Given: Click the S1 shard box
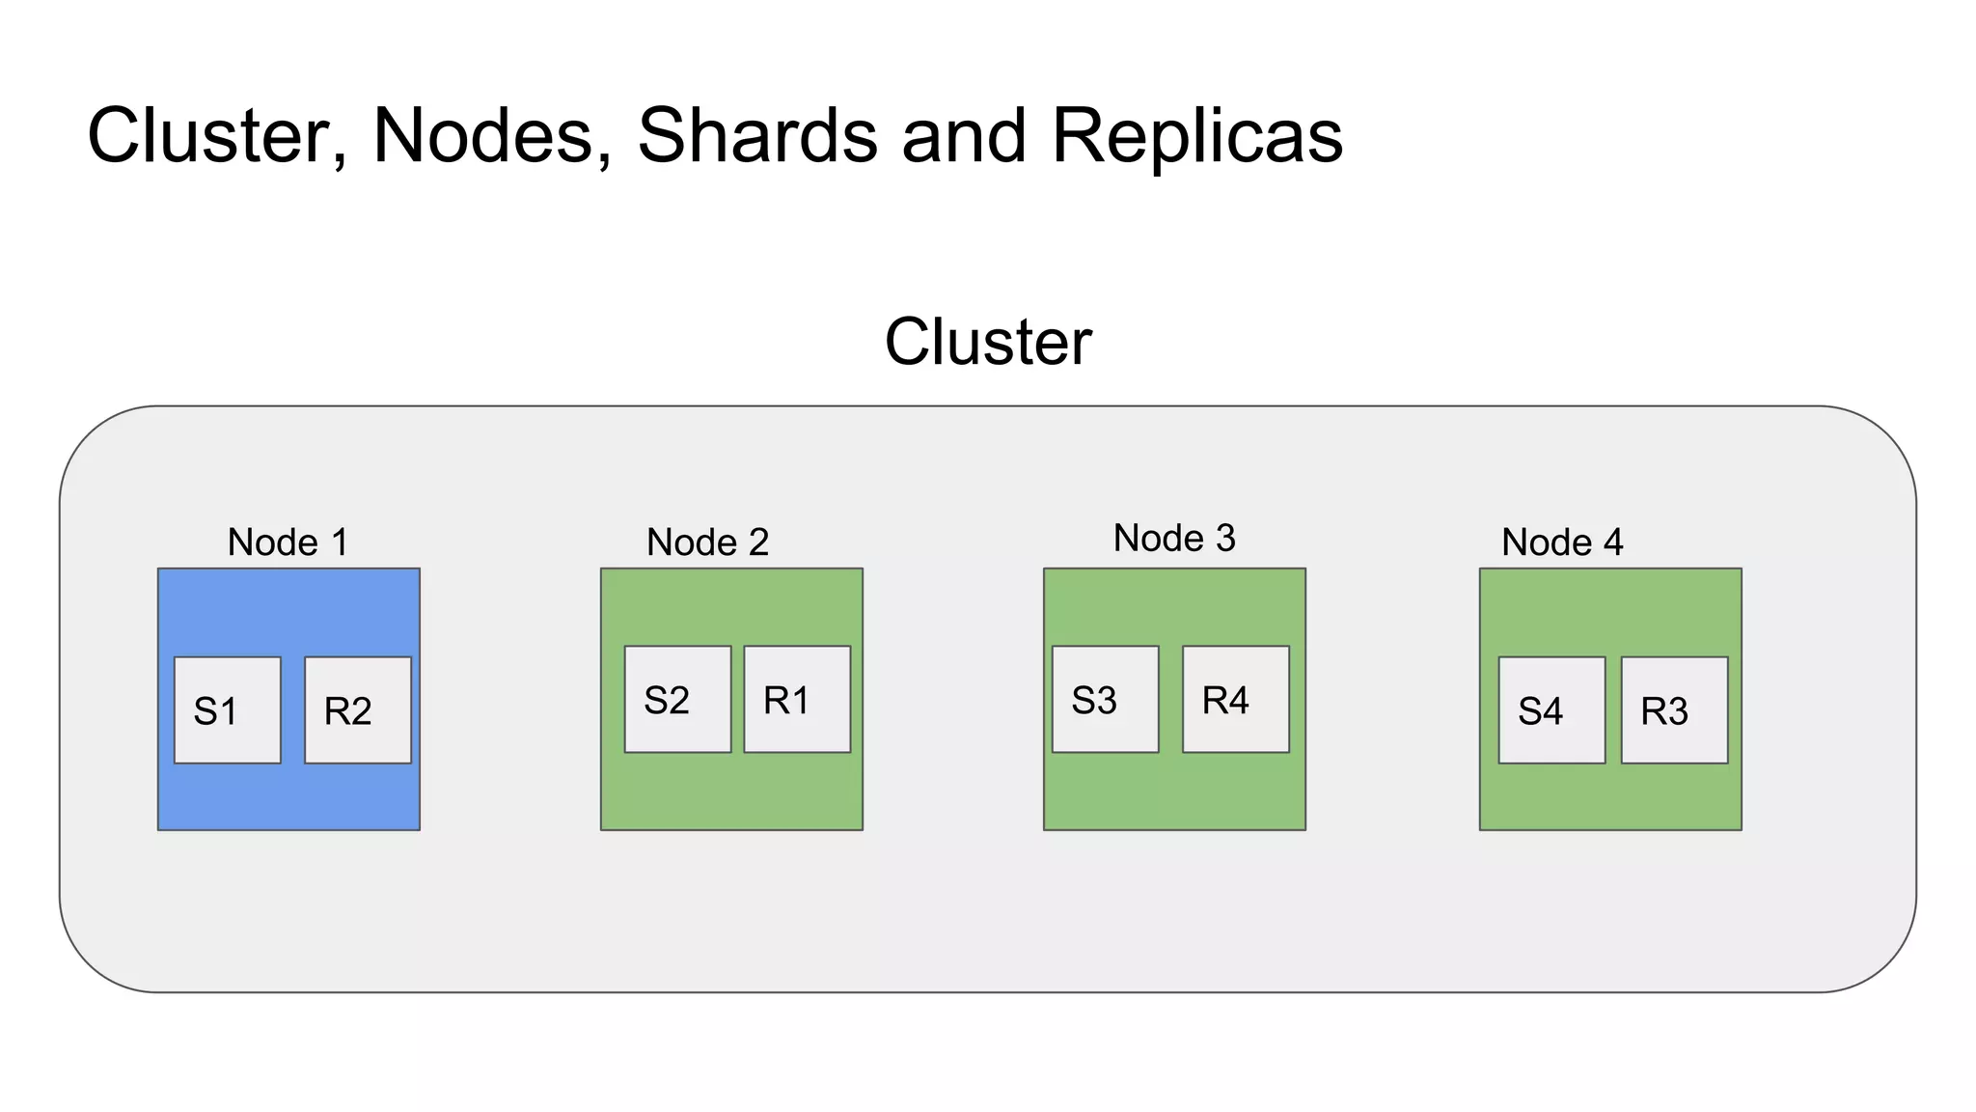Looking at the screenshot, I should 227,710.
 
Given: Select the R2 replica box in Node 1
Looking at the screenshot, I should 358,710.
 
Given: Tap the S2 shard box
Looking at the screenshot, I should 677,699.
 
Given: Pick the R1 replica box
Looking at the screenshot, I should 797,699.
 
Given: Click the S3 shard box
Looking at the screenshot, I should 1105,699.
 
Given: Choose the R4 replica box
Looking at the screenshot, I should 1236,699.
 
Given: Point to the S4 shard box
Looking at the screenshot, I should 1551,710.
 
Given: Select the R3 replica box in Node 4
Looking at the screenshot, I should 1674,710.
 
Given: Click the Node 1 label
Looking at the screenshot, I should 288,542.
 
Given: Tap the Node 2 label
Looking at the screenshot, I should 707,542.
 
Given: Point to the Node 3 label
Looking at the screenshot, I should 1174,539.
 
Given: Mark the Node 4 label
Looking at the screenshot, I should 1562,542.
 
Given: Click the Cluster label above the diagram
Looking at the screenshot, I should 988,342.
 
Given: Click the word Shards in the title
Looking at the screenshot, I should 757,135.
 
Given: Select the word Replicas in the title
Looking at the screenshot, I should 1196,135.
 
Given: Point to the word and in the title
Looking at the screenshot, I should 964,135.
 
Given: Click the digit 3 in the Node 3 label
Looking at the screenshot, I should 1225,539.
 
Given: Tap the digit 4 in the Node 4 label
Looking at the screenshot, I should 1613,542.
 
